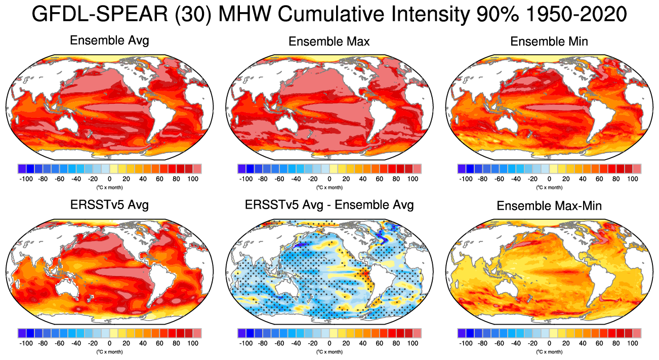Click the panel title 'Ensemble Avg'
(109, 41)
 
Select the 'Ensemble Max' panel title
(329, 42)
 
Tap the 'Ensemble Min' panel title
(549, 42)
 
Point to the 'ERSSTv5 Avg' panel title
(109, 205)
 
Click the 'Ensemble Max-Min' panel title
(549, 206)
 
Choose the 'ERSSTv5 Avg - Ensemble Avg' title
(329, 205)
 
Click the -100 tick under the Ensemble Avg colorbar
(26, 179)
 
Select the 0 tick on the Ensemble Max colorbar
(329, 179)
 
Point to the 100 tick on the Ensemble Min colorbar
(633, 179)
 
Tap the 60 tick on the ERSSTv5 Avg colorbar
(159, 343)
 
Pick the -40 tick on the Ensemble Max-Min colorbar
(516, 343)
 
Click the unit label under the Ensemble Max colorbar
(329, 187)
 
